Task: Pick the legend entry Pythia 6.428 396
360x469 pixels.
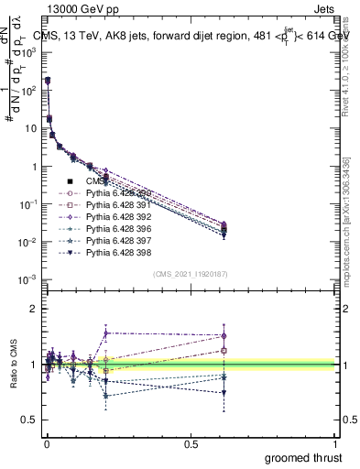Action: coord(114,228)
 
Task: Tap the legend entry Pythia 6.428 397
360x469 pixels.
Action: coord(114,240)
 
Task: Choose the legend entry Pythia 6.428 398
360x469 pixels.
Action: coord(114,252)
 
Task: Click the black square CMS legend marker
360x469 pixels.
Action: coord(70,180)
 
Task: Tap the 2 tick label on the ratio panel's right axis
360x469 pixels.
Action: coord(343,310)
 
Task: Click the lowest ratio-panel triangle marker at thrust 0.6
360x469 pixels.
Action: coord(224,393)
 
